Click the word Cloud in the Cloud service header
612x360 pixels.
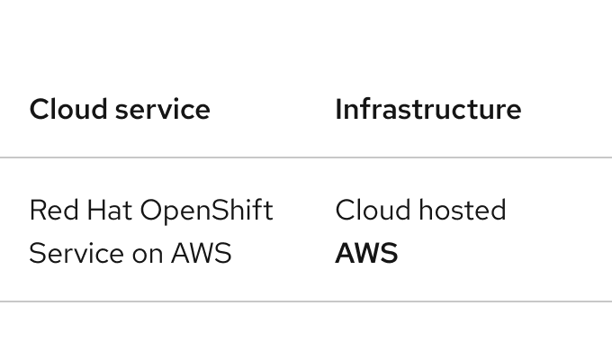point(59,110)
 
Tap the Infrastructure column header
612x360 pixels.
point(427,110)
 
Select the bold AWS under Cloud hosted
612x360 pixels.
point(366,254)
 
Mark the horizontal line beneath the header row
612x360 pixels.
point(306,157)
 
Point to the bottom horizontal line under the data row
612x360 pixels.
point(306,301)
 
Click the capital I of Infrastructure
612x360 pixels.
point(338,110)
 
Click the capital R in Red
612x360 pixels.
point(36,211)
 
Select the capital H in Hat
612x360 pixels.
point(84,211)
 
